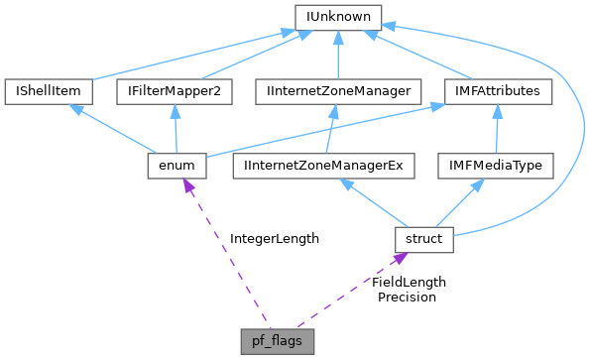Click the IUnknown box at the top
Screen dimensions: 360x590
click(338, 17)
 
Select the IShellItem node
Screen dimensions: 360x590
click(48, 91)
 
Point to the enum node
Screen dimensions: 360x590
click(176, 165)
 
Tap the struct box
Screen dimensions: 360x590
click(423, 238)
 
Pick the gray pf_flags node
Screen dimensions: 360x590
click(278, 339)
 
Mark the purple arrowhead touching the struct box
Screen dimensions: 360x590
click(398, 258)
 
